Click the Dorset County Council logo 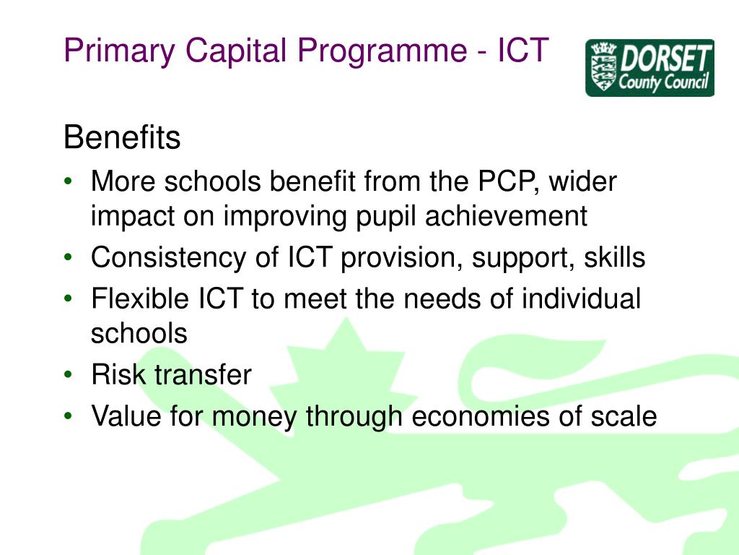click(650, 67)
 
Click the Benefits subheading click(122, 137)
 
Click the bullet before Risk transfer click(68, 376)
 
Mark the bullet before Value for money click(68, 417)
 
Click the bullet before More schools click(68, 182)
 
